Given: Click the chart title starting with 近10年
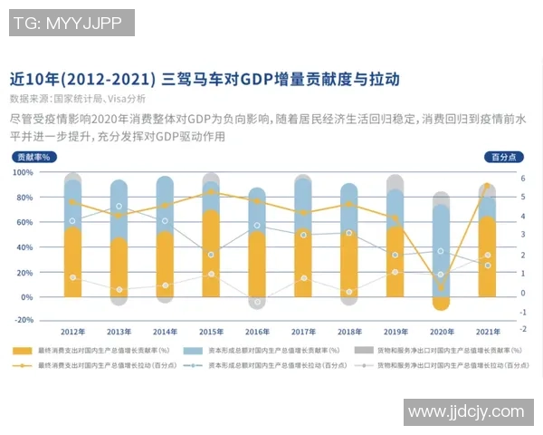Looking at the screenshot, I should coord(204,79).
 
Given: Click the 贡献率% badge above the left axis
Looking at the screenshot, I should coord(33,157).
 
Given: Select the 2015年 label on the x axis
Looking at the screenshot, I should coord(212,332).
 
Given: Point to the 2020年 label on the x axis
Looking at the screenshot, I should coord(442,332).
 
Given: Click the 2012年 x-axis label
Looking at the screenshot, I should coord(73,332).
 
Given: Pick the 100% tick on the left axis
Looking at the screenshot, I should coord(24,172).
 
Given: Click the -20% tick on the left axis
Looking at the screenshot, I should coord(24,320).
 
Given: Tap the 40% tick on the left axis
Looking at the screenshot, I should coord(25,246).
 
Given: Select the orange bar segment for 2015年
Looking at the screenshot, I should coord(212,254).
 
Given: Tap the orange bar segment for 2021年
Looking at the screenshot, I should coord(488,258).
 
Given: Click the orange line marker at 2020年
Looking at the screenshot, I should coord(442,286).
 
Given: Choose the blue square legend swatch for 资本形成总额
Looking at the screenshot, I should coord(192,350).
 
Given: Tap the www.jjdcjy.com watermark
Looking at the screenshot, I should coord(465,412).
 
